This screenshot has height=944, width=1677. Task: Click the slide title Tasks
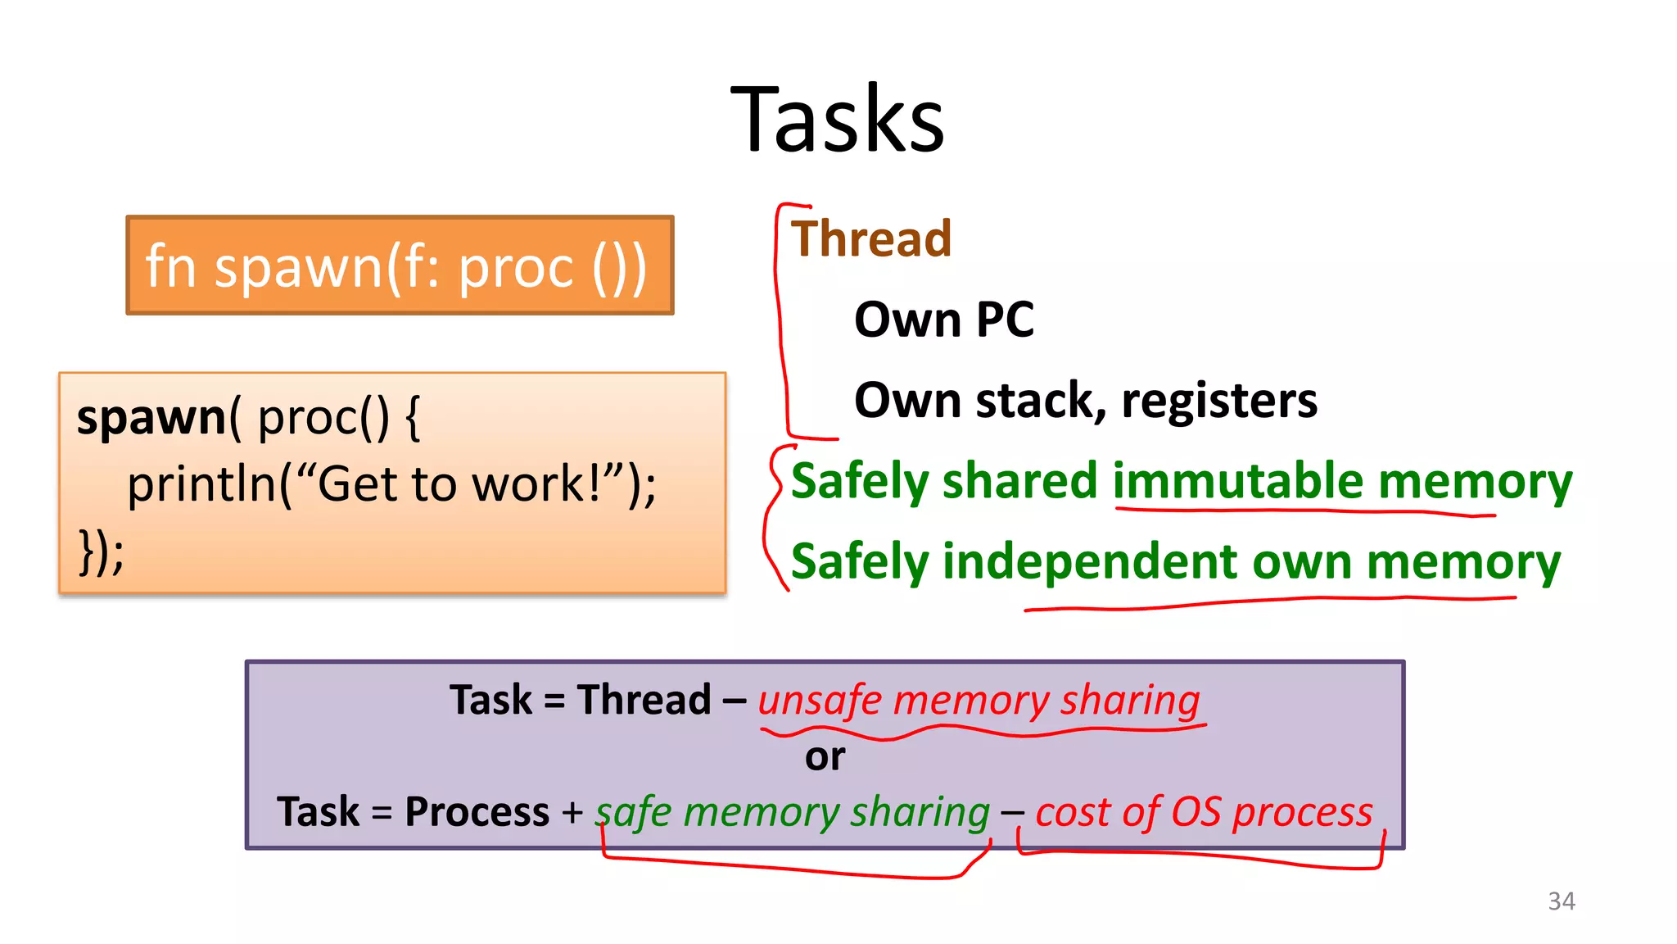(838, 120)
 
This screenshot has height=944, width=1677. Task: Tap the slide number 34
(1561, 901)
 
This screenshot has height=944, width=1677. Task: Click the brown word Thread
(871, 239)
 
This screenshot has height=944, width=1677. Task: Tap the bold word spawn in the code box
(151, 418)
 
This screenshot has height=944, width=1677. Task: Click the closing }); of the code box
(101, 552)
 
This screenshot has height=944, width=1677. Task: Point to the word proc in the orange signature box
(516, 267)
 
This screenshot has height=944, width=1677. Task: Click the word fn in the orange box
(170, 267)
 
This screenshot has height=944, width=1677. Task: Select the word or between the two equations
(825, 756)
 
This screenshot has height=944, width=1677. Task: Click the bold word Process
(477, 812)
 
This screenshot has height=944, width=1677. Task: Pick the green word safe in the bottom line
(634, 812)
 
